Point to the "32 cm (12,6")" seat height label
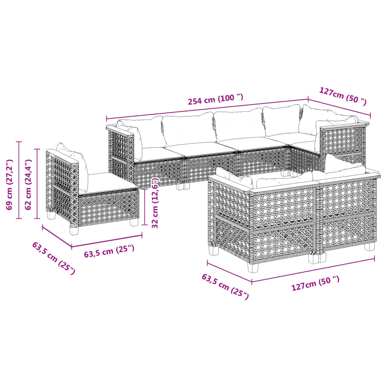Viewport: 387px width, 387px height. coord(155,203)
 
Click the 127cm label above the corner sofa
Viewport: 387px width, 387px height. coord(343,96)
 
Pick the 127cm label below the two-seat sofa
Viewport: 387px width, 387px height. coord(315,283)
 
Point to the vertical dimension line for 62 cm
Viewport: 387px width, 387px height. coord(37,184)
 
